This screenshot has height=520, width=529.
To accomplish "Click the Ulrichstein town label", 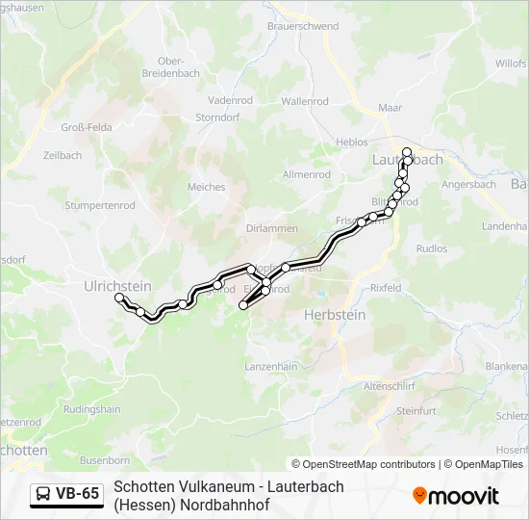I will (x=117, y=285).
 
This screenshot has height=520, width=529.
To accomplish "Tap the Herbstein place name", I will (x=335, y=315).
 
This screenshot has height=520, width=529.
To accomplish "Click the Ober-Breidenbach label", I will (x=170, y=66).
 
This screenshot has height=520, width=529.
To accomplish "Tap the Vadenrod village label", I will (x=230, y=99).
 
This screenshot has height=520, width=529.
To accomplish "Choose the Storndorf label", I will (x=215, y=117).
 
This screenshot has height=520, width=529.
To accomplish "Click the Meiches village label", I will (x=206, y=187).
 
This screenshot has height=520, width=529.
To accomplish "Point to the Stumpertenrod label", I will (x=99, y=205).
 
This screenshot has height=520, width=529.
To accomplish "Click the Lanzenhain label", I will (x=271, y=367).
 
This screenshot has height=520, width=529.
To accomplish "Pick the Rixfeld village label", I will (x=386, y=288).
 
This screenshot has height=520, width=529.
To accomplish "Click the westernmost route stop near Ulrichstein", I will (x=119, y=299).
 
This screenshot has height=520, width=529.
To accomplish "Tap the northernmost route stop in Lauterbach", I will (x=407, y=151).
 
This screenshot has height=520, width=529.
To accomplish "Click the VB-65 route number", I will (x=77, y=494).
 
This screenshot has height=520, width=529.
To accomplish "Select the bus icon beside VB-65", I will (x=44, y=494).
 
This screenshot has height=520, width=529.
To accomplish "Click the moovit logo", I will (x=455, y=496).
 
